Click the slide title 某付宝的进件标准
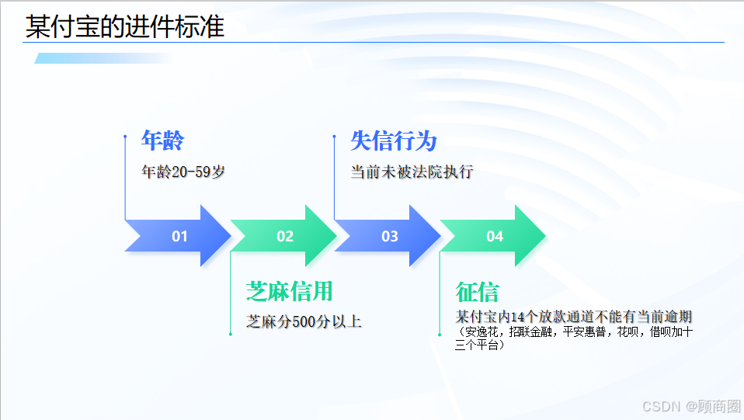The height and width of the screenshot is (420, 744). point(125,27)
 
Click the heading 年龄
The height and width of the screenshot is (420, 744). point(162,141)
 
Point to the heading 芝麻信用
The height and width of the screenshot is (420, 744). point(289,291)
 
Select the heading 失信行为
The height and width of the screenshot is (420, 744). point(394,141)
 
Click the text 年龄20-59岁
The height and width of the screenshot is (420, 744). point(183,172)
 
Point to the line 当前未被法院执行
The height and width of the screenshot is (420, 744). point(412,172)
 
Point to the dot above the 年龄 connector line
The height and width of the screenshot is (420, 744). point(125,136)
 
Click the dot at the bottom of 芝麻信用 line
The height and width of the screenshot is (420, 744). point(231,334)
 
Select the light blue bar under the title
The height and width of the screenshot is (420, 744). point(101,58)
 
